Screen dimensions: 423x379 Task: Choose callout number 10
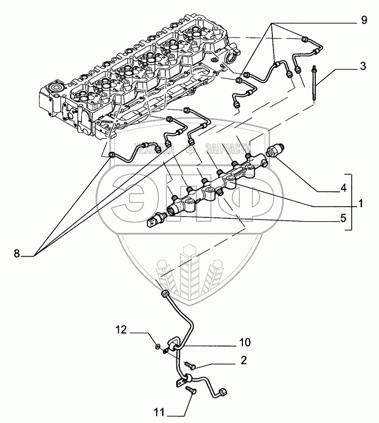[245, 343]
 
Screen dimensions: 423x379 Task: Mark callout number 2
[243, 360]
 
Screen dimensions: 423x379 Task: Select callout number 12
[121, 331]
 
